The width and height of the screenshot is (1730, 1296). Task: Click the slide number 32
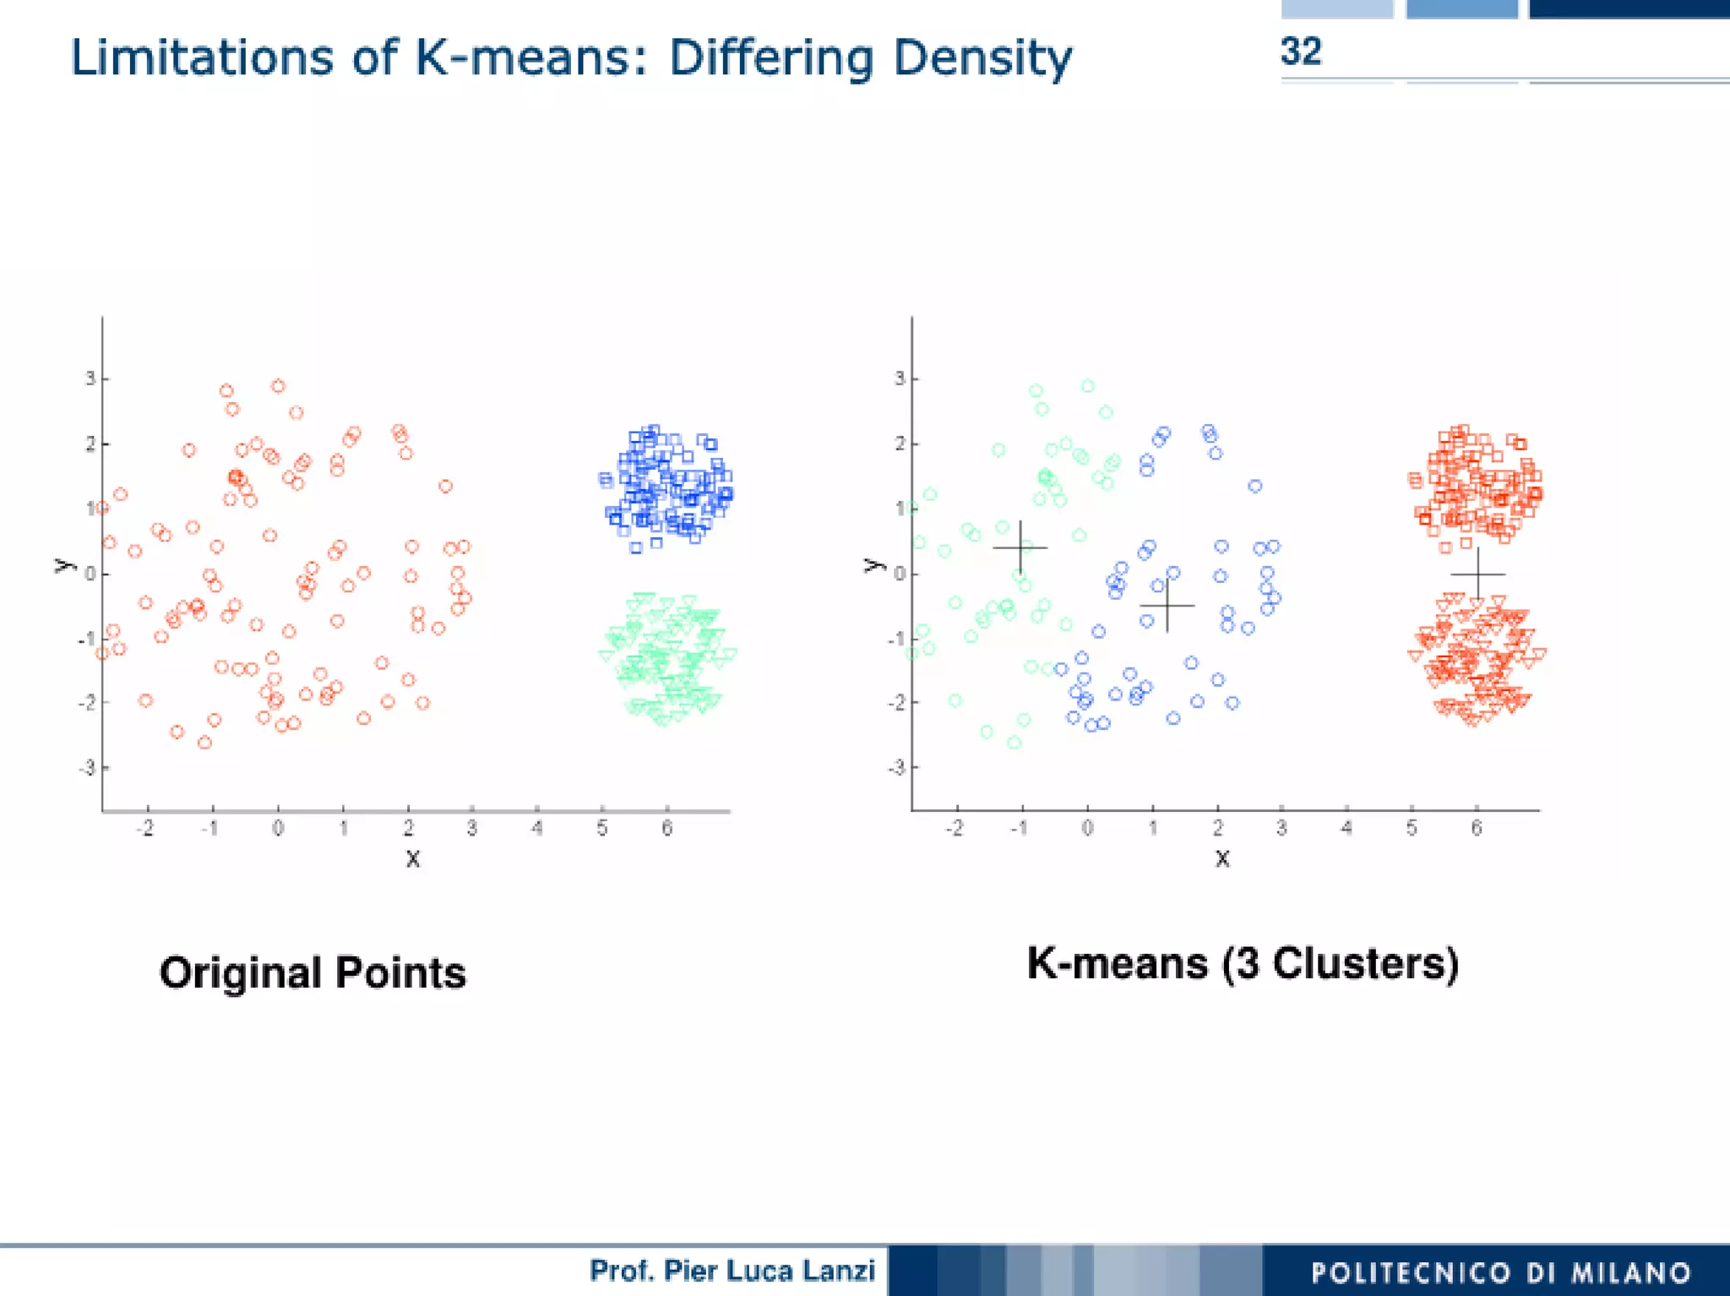coord(1300,52)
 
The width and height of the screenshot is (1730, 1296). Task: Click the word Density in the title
coord(982,59)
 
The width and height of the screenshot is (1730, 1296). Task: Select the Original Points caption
coord(313,972)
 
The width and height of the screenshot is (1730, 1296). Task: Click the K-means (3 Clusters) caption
coord(1243,963)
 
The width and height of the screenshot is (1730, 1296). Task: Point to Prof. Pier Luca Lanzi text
coord(732,1271)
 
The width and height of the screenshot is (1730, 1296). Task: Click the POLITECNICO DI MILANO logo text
coord(1501,1272)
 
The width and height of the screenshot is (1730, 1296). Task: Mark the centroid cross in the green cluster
coord(1020,547)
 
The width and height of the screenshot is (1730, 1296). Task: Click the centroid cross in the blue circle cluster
coord(1167,606)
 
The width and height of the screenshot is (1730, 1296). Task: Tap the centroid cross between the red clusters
coord(1477,574)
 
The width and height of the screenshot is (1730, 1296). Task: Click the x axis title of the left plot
coord(412,859)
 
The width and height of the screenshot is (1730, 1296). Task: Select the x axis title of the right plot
coord(1222,859)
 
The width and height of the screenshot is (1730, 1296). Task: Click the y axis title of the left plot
coord(63,565)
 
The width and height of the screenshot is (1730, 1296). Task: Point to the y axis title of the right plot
coord(873,565)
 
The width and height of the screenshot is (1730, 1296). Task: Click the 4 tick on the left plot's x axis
coord(537,829)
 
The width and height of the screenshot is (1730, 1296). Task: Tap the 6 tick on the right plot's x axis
coord(1477,829)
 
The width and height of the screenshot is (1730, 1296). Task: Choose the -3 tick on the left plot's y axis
coord(87,768)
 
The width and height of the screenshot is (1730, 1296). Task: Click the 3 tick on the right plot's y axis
coord(900,378)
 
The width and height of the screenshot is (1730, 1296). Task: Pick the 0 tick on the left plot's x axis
coord(278,829)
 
